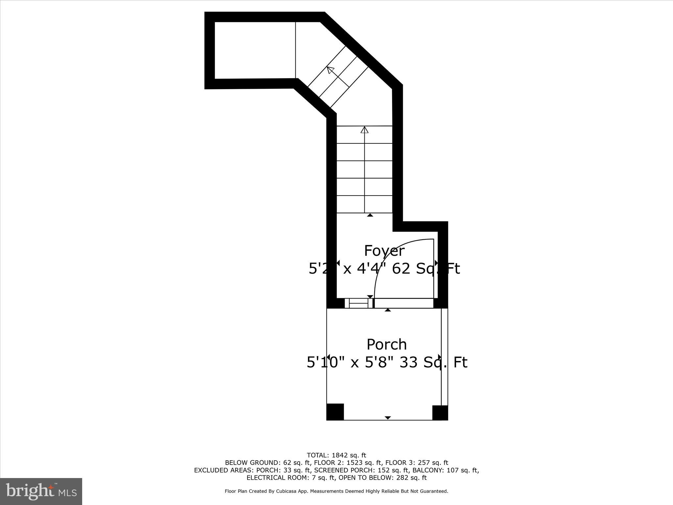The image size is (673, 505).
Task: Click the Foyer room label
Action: (384, 251)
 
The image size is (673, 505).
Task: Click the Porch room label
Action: (386, 345)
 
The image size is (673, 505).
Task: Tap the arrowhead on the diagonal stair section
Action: (330, 70)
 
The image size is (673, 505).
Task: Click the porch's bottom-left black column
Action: (335, 412)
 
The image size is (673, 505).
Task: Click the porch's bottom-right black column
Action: (440, 413)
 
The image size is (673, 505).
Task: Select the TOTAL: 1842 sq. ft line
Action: (336, 455)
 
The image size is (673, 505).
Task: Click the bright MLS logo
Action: (41, 491)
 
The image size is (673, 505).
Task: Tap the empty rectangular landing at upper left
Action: (255, 50)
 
